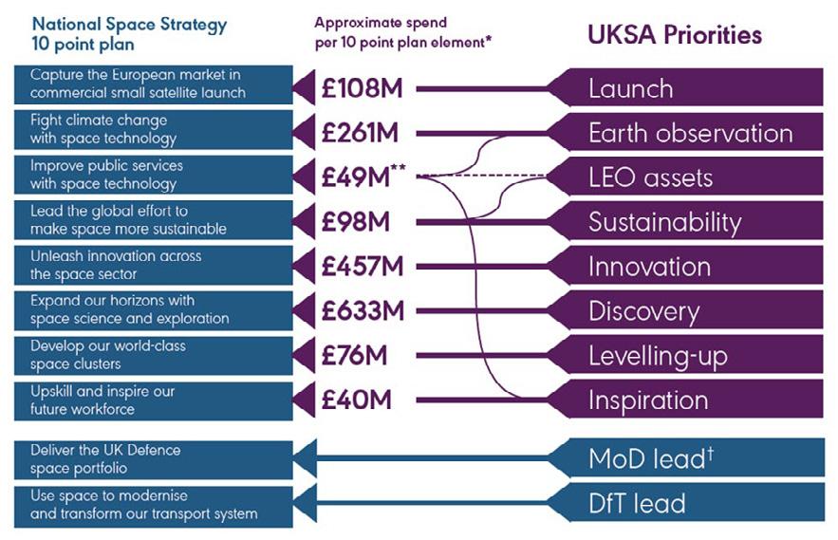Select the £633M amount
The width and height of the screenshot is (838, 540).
(x=363, y=311)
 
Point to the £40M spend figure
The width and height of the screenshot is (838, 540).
(x=357, y=400)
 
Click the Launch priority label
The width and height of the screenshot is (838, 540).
(x=631, y=89)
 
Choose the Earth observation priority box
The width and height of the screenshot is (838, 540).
(x=690, y=133)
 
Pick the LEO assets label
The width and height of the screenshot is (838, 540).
(x=650, y=177)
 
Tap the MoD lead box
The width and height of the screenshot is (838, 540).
(x=651, y=457)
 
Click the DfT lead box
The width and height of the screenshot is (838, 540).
(x=637, y=503)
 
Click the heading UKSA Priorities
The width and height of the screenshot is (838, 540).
(x=675, y=35)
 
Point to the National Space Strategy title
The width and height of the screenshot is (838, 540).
(x=130, y=34)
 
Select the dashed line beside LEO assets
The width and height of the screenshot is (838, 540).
(x=484, y=176)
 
